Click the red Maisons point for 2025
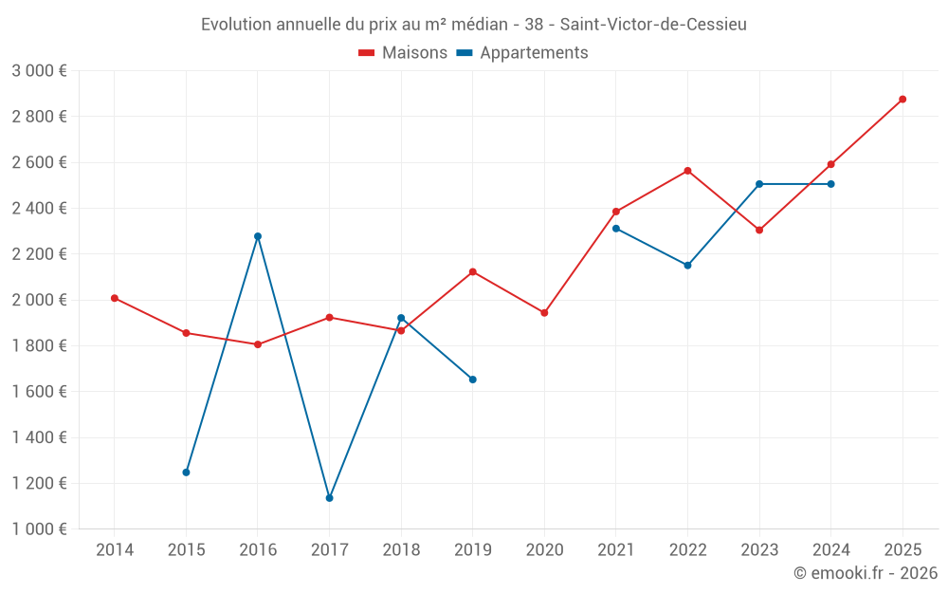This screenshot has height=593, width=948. [x=902, y=99]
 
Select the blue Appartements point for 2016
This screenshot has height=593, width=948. [x=258, y=236]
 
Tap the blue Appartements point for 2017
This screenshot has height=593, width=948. [x=329, y=498]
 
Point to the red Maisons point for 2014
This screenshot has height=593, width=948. [x=115, y=298]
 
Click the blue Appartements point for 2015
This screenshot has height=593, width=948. [x=186, y=473]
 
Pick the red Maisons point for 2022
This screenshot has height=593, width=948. [x=687, y=171]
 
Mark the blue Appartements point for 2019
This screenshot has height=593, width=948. [x=473, y=380]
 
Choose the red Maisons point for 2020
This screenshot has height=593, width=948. [x=544, y=313]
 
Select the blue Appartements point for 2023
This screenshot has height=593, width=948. [x=759, y=184]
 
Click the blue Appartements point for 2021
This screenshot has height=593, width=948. [x=616, y=229]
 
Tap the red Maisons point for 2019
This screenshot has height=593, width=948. [x=473, y=272]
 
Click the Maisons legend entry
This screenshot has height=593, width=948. [x=403, y=53]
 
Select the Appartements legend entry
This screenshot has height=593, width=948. [x=522, y=53]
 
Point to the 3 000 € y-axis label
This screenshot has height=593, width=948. [x=39, y=71]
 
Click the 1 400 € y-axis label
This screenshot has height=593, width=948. [x=39, y=437]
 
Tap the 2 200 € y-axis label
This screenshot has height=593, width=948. [x=39, y=254]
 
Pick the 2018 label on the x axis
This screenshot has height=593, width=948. [x=401, y=549]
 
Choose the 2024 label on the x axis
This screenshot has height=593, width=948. [x=831, y=549]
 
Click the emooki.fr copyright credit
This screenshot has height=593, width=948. [x=866, y=573]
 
